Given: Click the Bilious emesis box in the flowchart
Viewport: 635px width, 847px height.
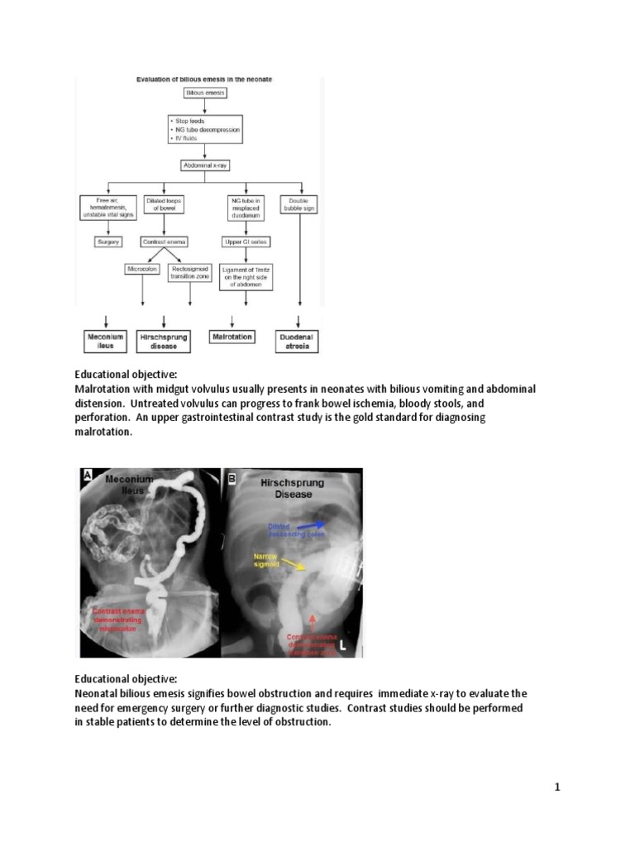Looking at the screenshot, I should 204,93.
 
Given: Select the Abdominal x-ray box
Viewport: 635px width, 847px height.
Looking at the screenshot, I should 204,165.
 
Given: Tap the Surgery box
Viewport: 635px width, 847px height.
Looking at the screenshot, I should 108,242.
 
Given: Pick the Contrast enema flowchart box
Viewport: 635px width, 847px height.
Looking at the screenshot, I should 165,242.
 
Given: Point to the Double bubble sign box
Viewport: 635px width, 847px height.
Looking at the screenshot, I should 298,204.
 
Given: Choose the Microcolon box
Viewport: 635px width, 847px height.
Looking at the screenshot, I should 142,269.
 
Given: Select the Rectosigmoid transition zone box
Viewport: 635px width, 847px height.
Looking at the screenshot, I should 189,273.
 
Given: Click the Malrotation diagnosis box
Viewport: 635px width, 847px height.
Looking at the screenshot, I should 232,337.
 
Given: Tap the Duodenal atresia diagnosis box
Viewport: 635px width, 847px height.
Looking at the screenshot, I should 298,341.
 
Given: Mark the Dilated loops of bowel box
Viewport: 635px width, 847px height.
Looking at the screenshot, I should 165,204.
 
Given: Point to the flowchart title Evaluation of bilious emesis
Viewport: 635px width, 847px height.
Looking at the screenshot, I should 204,79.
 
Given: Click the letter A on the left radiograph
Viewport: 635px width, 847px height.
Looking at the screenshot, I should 87,475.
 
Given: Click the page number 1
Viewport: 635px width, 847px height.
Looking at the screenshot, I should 557,787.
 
